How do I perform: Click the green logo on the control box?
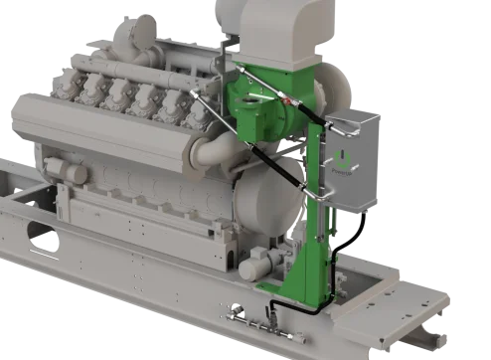345,162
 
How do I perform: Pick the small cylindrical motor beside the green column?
260,263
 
